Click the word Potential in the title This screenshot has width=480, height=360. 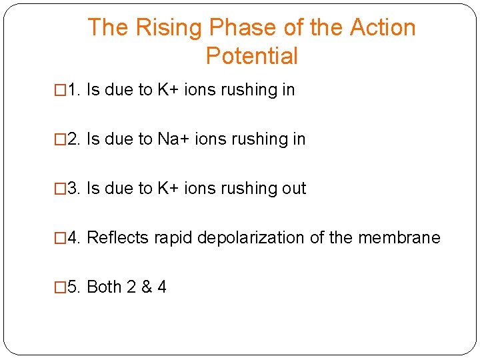(251, 56)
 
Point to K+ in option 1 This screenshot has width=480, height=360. (167, 90)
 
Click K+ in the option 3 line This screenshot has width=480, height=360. (167, 189)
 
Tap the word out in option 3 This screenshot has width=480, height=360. (293, 189)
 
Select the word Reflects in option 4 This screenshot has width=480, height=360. (118, 238)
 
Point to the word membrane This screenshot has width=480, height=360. (399, 238)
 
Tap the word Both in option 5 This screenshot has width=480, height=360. (104, 287)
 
